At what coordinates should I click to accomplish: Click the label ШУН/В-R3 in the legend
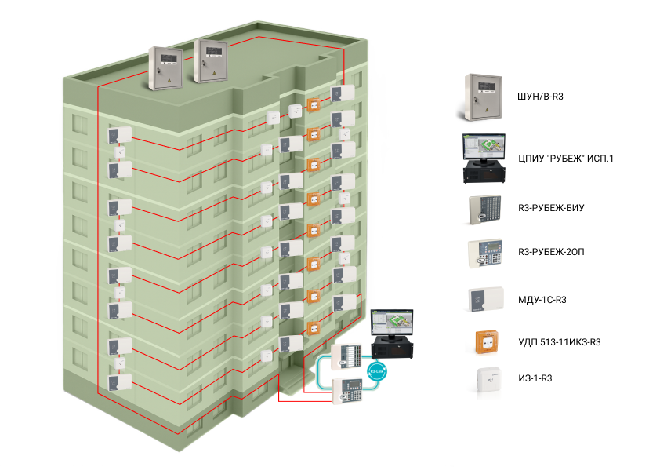click(540, 97)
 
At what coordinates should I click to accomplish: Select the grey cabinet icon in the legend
click(483, 97)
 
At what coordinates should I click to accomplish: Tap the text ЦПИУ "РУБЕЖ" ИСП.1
click(566, 159)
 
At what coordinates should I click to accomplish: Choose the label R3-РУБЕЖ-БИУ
click(551, 208)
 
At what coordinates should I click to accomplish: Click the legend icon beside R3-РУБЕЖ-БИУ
click(485, 209)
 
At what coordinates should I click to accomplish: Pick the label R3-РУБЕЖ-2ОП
click(551, 252)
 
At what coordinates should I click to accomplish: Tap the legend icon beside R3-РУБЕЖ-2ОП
click(485, 253)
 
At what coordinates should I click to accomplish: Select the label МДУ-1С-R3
click(542, 300)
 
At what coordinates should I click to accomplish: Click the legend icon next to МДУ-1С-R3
click(486, 299)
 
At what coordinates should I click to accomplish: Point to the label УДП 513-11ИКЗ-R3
click(560, 342)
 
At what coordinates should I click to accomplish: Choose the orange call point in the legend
click(487, 342)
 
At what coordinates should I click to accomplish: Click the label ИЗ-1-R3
click(535, 378)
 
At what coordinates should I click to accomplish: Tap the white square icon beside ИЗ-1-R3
click(489, 379)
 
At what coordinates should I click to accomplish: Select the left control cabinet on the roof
click(165, 67)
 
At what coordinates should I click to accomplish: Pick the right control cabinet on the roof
click(210, 60)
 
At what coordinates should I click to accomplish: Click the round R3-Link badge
click(377, 371)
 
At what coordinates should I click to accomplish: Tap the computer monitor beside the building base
click(392, 323)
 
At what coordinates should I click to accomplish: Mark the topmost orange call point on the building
click(314, 104)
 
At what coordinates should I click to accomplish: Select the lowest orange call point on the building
click(314, 328)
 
